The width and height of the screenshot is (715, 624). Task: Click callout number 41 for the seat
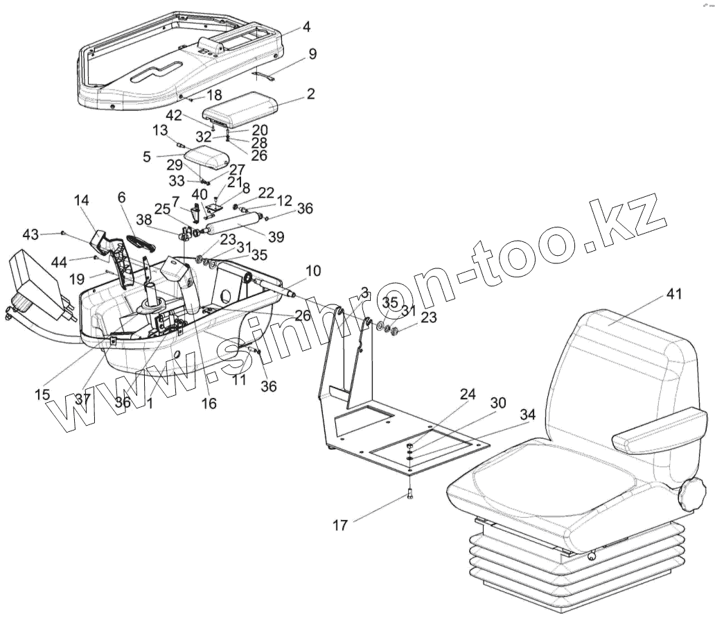(674, 294)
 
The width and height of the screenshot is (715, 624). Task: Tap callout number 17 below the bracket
(339, 526)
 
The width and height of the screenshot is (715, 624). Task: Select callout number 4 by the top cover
(306, 28)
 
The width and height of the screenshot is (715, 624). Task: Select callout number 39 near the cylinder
(276, 237)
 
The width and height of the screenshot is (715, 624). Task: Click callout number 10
(310, 270)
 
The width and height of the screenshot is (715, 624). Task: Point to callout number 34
(528, 415)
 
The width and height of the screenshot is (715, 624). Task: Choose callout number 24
(469, 395)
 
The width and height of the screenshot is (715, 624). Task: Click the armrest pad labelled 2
(239, 108)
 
